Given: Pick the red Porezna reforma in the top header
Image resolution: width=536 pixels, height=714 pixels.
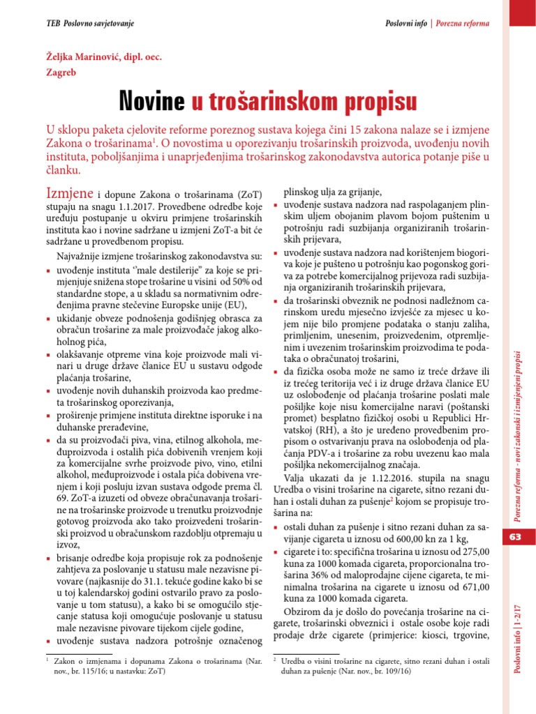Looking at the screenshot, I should click(462, 23).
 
